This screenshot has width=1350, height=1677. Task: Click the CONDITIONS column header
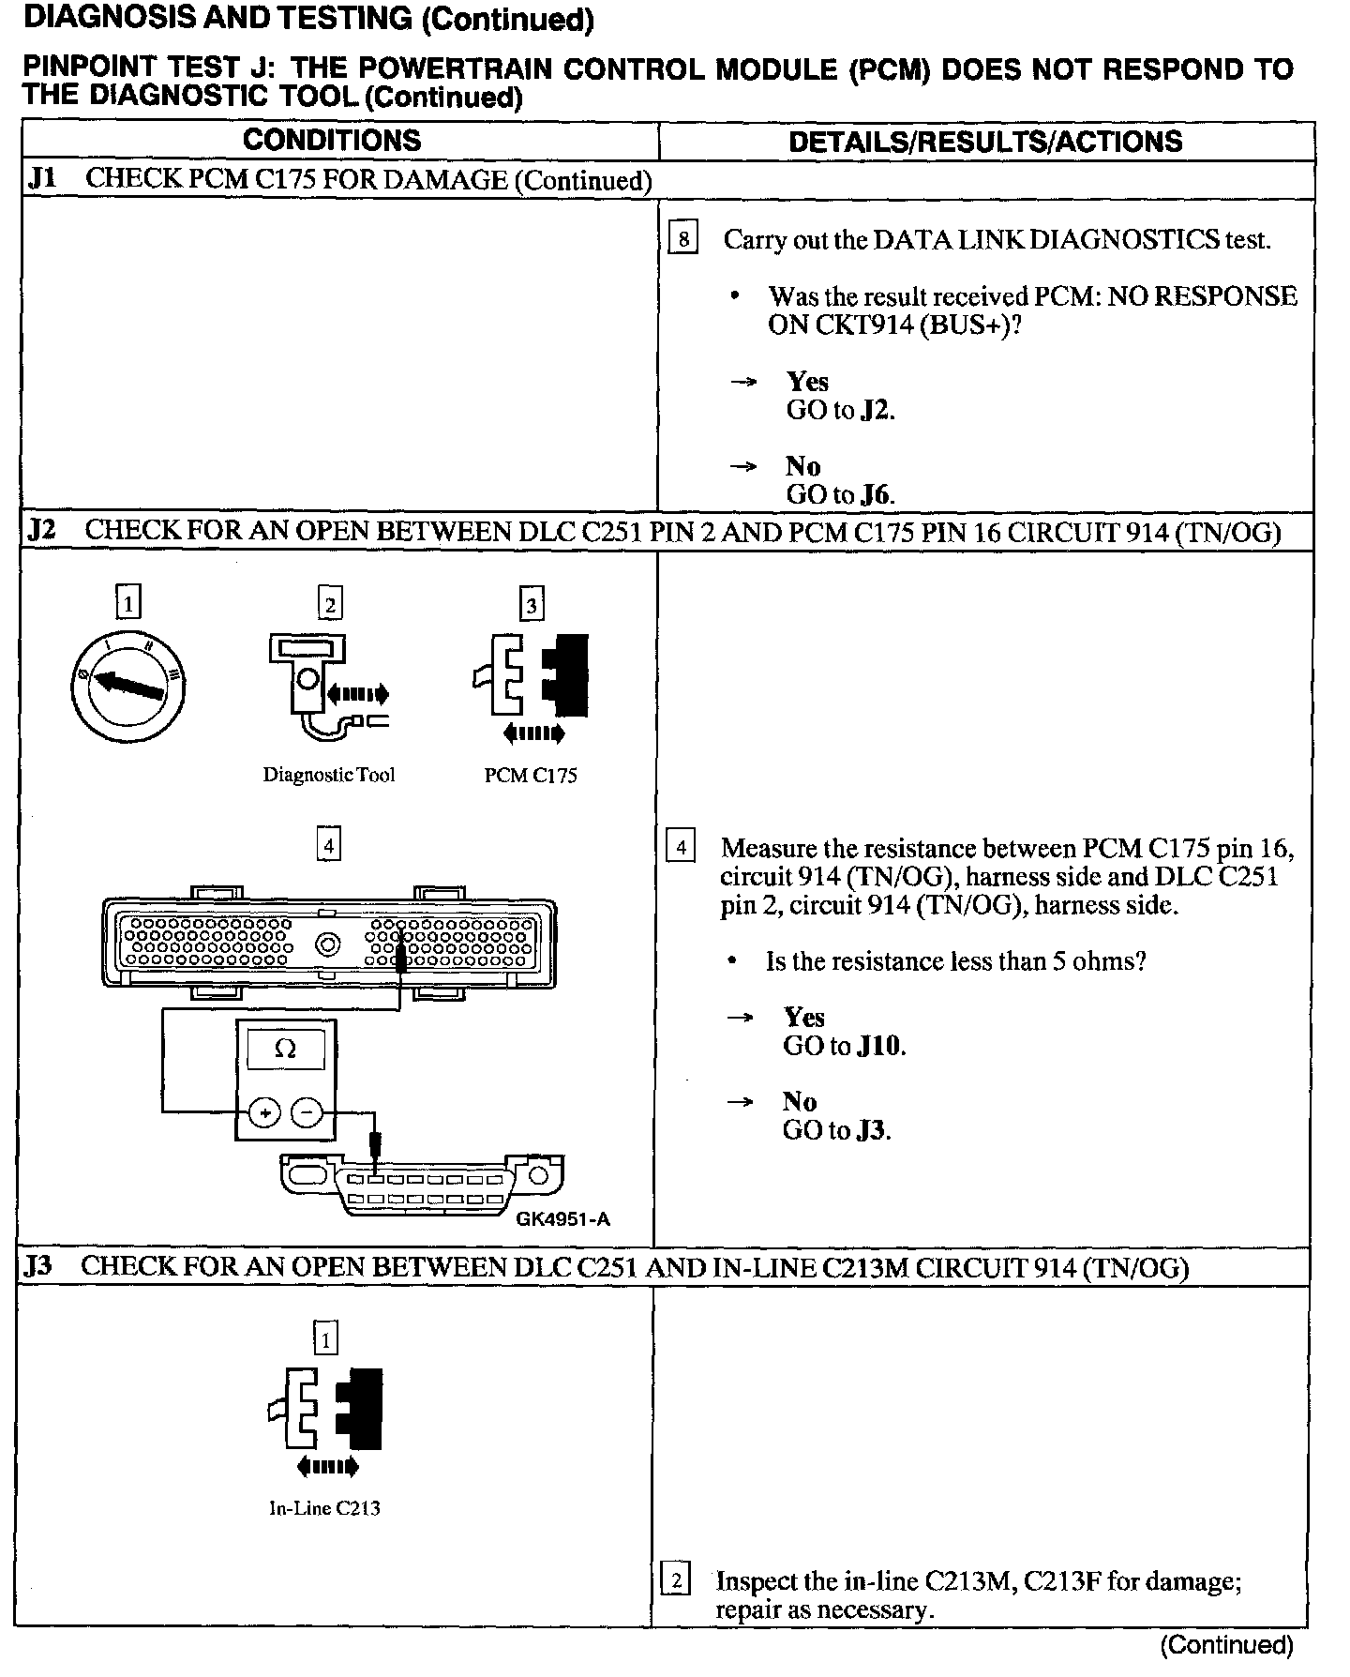click(332, 141)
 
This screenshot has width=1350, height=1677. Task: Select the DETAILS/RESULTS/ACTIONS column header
click(985, 142)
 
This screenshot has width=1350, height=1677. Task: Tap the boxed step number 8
click(683, 239)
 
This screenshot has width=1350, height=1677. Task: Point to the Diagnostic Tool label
click(328, 775)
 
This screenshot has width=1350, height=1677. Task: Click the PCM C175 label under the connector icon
click(531, 776)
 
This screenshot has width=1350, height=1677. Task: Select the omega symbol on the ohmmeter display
click(285, 1050)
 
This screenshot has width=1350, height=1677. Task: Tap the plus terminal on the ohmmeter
click(265, 1112)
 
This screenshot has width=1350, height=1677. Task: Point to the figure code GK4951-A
click(562, 1219)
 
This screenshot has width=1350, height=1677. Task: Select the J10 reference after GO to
click(880, 1046)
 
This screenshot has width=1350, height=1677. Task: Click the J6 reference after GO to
click(877, 494)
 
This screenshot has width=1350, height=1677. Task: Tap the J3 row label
click(38, 1266)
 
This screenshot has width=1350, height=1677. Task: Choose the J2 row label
click(41, 531)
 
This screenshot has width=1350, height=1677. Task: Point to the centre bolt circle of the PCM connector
click(327, 944)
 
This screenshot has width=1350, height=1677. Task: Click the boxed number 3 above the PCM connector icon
click(532, 605)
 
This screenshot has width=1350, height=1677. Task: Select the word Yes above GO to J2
click(807, 381)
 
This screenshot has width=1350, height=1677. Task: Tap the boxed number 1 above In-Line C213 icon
click(324, 1339)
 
